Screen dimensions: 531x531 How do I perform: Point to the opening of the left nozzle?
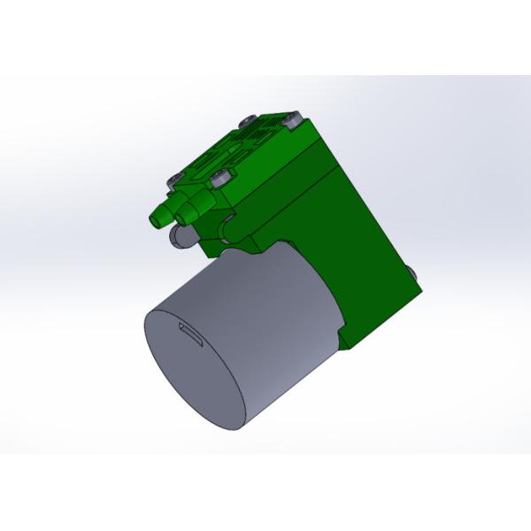tap(154, 219)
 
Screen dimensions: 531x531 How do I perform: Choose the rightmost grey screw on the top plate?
tap(293, 122)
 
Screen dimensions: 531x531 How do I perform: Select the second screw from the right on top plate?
tap(248, 121)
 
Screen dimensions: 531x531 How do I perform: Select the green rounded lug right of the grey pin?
tap(226, 228)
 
